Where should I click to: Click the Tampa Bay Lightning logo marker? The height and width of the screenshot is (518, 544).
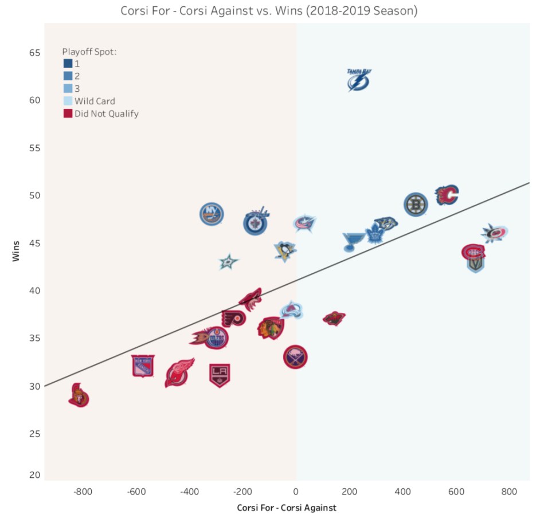[x=359, y=80]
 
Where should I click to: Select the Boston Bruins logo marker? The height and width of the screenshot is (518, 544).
[x=416, y=205]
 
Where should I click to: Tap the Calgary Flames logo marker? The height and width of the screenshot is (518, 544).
[x=447, y=195]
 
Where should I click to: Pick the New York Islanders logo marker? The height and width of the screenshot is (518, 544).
[x=212, y=214]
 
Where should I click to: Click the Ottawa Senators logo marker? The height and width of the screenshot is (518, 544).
[x=79, y=396]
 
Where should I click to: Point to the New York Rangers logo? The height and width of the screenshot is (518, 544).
[x=143, y=366]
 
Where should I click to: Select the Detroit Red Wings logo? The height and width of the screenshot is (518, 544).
[x=179, y=373]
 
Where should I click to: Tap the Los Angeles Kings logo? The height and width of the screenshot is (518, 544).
[x=220, y=375]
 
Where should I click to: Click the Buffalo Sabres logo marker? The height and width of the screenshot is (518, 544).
[x=295, y=358]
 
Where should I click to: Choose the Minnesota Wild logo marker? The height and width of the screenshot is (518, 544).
[x=334, y=318]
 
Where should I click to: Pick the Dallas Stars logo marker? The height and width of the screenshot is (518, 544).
[x=229, y=262]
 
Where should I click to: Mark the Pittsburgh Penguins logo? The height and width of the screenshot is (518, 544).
[x=284, y=251]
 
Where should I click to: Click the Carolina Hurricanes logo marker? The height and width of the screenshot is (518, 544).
[x=494, y=233]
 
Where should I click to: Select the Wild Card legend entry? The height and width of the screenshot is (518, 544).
[x=95, y=101]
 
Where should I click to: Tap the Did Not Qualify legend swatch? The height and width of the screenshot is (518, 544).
[x=68, y=113]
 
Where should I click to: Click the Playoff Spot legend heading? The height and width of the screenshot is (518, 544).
[x=89, y=52]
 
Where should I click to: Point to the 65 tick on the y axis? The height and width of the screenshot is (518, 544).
[x=34, y=53]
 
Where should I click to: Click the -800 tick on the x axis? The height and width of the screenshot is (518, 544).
[x=83, y=492]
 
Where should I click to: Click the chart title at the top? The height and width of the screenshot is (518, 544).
[x=269, y=11]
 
